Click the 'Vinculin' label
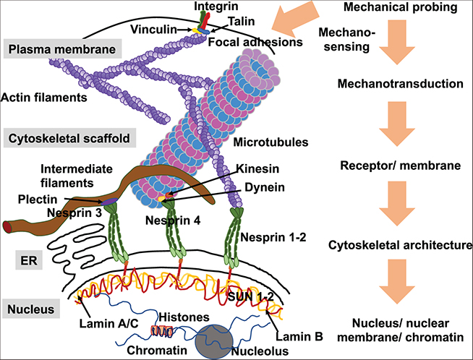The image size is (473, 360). tap(154, 30)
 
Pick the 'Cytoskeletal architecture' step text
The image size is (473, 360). tap(400, 245)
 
